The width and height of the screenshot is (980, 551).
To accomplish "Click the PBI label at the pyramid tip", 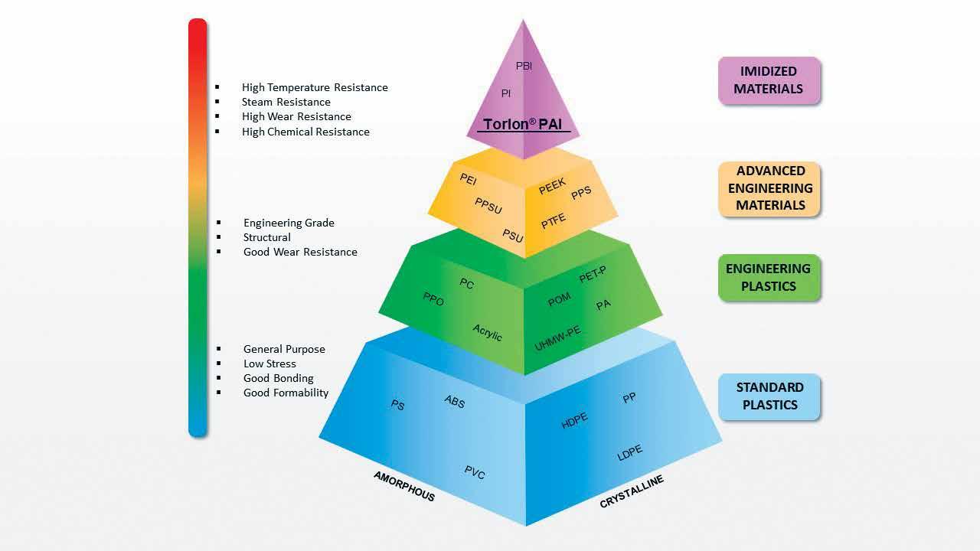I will [524, 67].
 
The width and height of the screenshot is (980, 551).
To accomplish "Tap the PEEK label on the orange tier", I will [552, 186].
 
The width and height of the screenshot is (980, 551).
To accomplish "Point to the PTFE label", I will [554, 221].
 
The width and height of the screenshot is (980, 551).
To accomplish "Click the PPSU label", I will [488, 206].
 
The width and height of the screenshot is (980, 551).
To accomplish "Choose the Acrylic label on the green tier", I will [487, 332].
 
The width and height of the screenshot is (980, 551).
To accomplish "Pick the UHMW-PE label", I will [557, 339].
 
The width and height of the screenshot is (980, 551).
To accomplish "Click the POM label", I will [559, 300].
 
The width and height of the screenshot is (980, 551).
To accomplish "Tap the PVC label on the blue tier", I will [475, 472].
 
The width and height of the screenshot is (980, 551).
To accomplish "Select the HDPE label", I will [574, 420].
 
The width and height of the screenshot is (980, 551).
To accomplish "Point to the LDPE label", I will [629, 453].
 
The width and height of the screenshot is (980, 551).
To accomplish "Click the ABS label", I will [454, 402].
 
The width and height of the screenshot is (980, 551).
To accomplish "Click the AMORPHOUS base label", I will [404, 486].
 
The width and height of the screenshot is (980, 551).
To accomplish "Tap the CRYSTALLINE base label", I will [632, 491].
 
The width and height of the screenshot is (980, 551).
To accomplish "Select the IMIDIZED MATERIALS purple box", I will [769, 80].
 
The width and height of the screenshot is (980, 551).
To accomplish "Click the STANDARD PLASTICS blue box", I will [769, 396].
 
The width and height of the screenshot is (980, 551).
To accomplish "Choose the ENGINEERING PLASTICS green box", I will [768, 277].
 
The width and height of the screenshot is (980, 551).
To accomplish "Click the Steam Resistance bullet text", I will [286, 102].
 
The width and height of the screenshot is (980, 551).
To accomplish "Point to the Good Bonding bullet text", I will [278, 378].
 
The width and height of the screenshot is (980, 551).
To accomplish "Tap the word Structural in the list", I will [266, 237].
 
